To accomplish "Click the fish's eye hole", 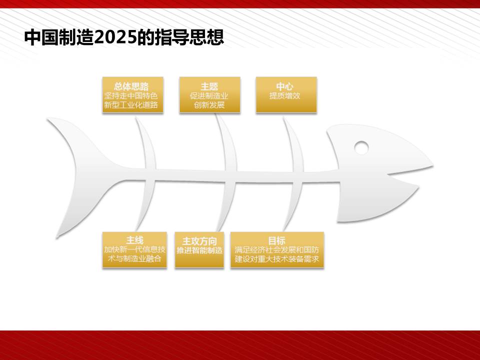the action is tap(361, 147).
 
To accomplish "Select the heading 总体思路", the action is tap(131, 86).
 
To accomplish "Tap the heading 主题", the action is tap(209, 86).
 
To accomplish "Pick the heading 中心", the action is tap(284, 86).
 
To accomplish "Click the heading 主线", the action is tap(134, 240).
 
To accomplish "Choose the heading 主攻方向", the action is tap(199, 241).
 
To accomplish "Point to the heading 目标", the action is tap(276, 240).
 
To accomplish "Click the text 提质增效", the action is tap(284, 96).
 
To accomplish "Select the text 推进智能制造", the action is tap(199, 250).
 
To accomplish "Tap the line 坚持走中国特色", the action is tap(131, 96).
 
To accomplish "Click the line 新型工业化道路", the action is tap(131, 105).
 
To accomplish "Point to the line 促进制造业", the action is tap(209, 96).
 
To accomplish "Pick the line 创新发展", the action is tap(209, 105).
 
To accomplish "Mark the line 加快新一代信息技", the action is tap(134, 249).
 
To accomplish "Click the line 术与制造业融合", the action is tap(134, 258).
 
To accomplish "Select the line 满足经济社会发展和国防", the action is tap(276, 250).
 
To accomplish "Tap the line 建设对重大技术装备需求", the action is tap(276, 259).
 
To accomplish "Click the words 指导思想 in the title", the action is tap(189, 37).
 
